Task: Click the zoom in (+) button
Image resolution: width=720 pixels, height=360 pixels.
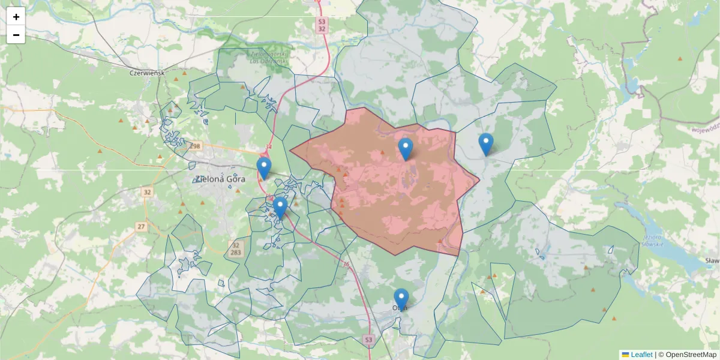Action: pyautogui.click(x=16, y=17)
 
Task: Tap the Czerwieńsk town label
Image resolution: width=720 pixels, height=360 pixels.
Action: pyautogui.click(x=147, y=73)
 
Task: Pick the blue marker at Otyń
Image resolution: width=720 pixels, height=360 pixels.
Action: pyautogui.click(x=401, y=299)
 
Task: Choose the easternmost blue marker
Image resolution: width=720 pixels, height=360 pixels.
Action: pyautogui.click(x=486, y=145)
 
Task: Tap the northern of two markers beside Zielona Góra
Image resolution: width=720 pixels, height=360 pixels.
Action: pyautogui.click(x=263, y=168)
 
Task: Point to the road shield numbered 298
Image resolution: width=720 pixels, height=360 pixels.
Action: pyautogui.click(x=194, y=146)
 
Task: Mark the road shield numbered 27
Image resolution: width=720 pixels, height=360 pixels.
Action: pyautogui.click(x=141, y=226)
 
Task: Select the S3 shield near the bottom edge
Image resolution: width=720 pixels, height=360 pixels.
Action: pyautogui.click(x=368, y=340)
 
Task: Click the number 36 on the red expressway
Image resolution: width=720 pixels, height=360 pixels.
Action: pyautogui.click(x=346, y=264)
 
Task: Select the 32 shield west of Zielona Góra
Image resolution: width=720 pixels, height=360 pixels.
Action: pyautogui.click(x=147, y=192)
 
